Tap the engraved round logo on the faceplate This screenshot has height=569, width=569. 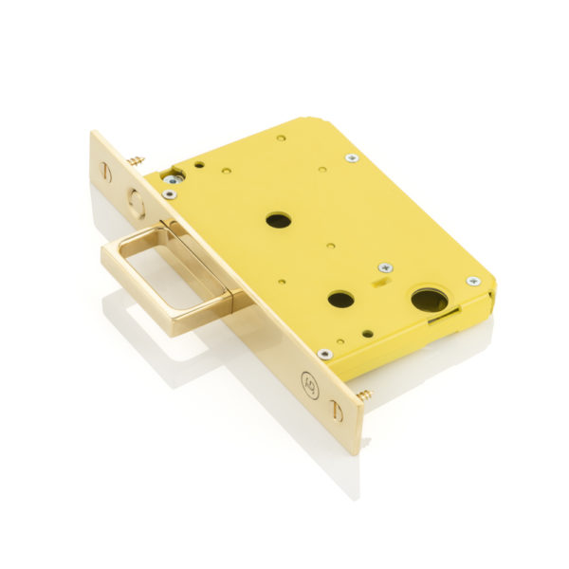point(309,382)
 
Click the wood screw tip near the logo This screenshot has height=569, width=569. point(365,393)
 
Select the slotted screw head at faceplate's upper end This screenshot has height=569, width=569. point(104,171)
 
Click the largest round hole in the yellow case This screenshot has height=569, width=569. point(429,301)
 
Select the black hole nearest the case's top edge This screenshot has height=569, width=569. point(278,220)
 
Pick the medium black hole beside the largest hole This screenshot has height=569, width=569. point(340,300)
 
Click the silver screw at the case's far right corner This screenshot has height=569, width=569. point(472,282)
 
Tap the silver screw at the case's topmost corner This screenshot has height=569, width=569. point(352,157)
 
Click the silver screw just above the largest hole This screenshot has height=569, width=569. point(384,268)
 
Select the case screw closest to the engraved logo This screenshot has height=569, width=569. point(325,354)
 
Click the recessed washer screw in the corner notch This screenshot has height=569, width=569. point(173,178)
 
